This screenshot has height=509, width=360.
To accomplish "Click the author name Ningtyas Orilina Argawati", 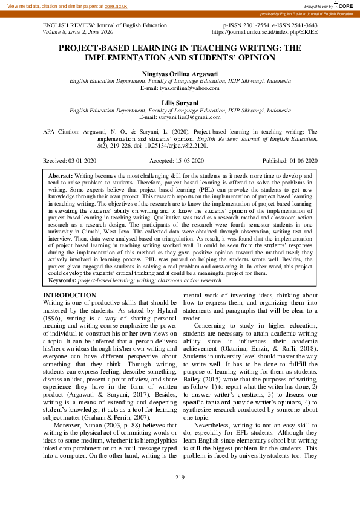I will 180,73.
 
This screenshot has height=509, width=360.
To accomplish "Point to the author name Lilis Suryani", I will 180,103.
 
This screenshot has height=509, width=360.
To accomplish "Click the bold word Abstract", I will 60,174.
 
